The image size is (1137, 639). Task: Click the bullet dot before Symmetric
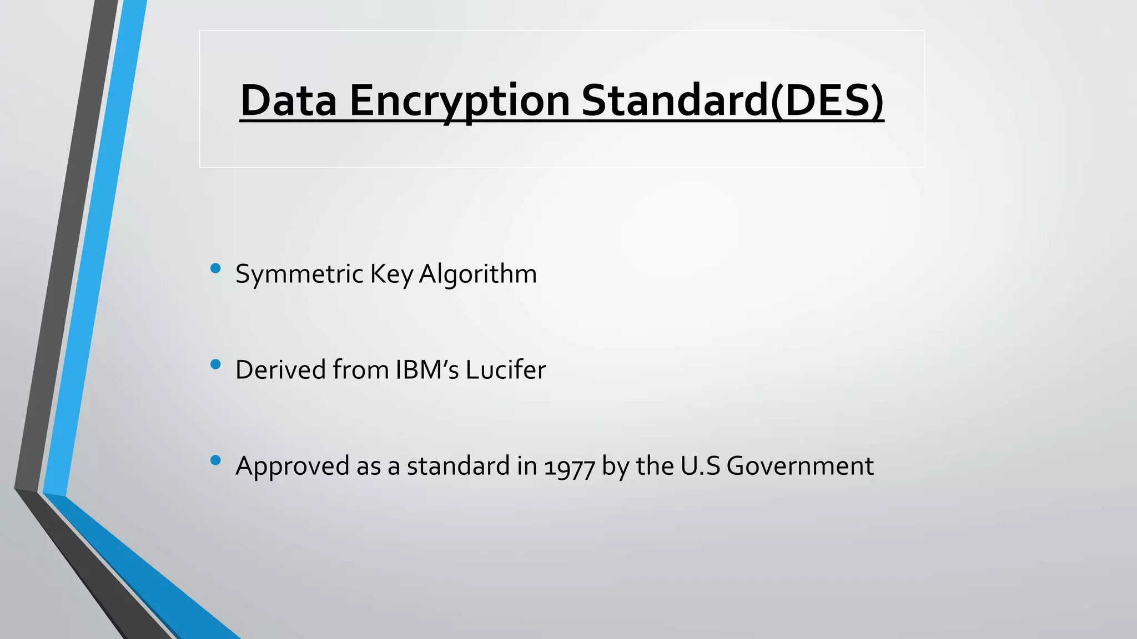tap(216, 269)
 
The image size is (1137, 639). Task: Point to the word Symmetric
tap(299, 274)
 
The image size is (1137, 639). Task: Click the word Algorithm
tap(477, 274)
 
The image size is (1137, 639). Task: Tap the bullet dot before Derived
tap(216, 364)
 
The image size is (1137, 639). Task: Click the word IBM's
tap(427, 370)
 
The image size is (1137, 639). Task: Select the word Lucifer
tap(506, 370)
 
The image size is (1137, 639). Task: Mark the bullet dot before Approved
tap(216, 460)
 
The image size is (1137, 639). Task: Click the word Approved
tap(292, 466)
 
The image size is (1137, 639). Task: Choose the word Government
tap(800, 466)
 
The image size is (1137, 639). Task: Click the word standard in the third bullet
tap(458, 466)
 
